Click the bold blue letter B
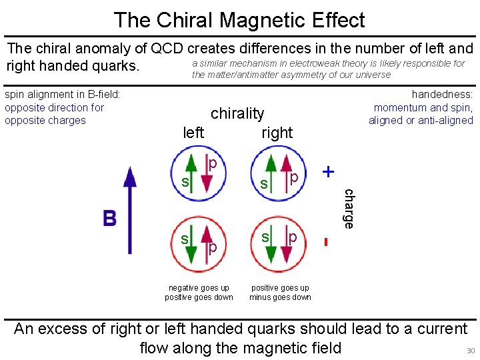(109, 218)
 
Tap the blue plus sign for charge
(328, 171)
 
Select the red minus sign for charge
(326, 241)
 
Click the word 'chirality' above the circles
(237, 113)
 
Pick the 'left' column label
(193, 133)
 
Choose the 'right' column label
(277, 133)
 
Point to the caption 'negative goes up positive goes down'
(199, 293)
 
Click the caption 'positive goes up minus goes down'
(280, 293)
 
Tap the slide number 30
(470, 351)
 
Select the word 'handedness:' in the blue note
(442, 95)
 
